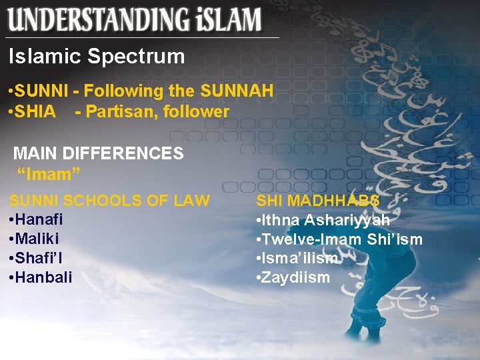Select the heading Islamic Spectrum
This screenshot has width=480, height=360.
coord(97,57)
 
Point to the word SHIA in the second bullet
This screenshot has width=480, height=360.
coord(33,112)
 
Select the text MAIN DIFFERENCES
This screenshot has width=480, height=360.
coord(98,153)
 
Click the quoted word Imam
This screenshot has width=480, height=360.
coord(49,174)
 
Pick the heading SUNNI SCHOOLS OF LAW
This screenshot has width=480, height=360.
coord(109,201)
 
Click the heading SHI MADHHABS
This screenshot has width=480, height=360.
coord(318,201)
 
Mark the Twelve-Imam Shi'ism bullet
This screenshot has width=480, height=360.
coord(339,239)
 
